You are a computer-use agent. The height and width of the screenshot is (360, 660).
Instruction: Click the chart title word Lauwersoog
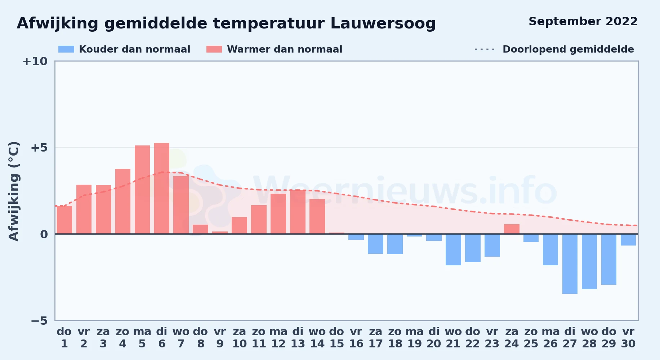[383, 24]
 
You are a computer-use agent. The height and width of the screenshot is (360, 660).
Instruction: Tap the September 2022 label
[583, 22]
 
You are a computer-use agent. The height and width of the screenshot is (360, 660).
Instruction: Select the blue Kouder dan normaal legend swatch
[66, 49]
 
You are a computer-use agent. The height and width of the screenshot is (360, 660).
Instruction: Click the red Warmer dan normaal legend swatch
[214, 49]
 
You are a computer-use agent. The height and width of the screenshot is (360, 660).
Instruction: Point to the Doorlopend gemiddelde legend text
[568, 49]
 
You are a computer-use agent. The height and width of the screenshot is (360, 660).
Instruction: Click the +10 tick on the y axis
[35, 62]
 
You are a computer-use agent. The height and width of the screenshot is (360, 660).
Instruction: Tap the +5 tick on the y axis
[39, 148]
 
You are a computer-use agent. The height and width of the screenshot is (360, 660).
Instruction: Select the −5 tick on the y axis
[39, 320]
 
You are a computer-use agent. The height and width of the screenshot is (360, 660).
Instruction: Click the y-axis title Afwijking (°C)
[14, 191]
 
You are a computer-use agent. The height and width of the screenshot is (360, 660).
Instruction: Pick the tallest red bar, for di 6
[162, 188]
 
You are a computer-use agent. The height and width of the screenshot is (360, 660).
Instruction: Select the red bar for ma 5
[142, 189]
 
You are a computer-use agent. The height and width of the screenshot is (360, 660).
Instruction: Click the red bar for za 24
[512, 229]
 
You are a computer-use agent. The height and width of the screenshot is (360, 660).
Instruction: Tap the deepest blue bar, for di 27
[570, 264]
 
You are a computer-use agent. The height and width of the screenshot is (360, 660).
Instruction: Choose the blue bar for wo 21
[453, 250]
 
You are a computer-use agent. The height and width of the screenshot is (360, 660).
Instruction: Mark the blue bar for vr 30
[628, 240]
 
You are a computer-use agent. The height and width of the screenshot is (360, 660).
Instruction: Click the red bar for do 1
[64, 220]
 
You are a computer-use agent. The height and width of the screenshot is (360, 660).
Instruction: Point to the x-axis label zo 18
[395, 338]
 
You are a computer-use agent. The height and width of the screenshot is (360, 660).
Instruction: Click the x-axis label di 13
[298, 338]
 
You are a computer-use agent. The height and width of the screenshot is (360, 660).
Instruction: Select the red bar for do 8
[201, 229]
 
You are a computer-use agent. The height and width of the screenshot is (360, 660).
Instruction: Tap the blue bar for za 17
[375, 244]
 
